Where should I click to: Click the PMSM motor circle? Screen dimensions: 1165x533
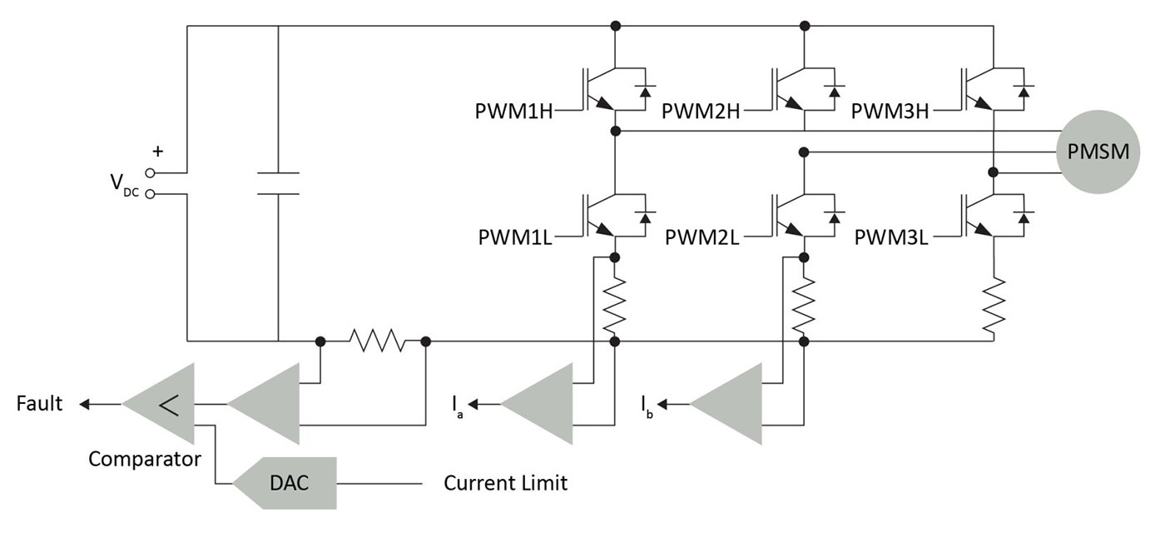pos(1098,152)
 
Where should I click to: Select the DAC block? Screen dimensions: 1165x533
pos(285,483)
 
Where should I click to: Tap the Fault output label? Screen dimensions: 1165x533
pos(39,403)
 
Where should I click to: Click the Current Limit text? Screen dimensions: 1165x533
pos(505,483)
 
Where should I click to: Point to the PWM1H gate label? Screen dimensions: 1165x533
pos(514,112)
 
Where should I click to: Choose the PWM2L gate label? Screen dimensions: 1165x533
pos(701,237)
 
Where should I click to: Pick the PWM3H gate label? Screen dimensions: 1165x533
pos(890,112)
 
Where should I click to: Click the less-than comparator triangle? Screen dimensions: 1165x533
pos(159,404)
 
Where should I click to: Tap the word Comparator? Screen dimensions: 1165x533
pos(145,459)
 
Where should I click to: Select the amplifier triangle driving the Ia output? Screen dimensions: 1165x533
pos(537,404)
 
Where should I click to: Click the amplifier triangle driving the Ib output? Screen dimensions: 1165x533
pos(726,404)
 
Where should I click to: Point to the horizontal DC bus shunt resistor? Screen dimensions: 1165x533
pos(377,341)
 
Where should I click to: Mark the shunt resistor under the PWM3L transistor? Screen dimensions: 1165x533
pos(994,306)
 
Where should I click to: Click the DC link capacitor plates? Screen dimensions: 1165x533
pos(278,183)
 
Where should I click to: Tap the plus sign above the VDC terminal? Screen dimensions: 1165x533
pos(157,152)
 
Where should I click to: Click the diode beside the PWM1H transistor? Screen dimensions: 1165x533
pos(646,90)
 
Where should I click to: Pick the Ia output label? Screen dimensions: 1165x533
pos(457,406)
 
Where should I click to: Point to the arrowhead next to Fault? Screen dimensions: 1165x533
pos(84,404)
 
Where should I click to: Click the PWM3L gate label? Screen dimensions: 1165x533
pos(891,237)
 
